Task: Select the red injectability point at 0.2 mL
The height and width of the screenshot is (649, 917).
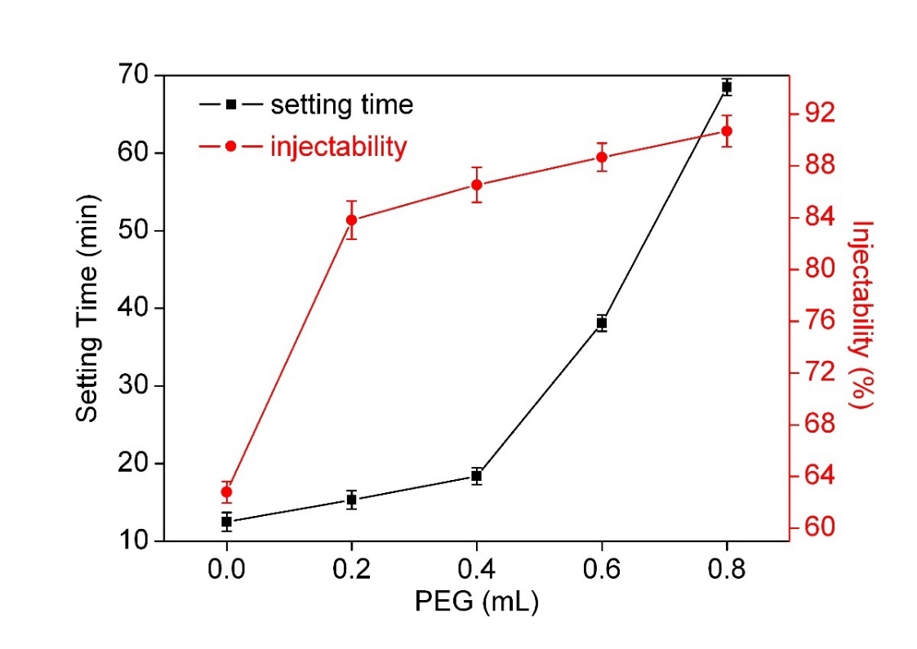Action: click(x=351, y=220)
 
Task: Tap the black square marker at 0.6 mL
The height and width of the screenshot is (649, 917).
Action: click(x=602, y=323)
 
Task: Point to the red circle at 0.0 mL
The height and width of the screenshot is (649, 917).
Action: click(x=226, y=491)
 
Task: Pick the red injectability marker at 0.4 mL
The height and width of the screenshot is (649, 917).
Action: click(x=476, y=184)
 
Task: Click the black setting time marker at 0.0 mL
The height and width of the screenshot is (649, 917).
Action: click(x=226, y=521)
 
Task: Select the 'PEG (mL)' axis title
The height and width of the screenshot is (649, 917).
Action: click(x=476, y=603)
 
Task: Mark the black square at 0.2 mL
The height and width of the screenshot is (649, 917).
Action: click(x=351, y=500)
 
